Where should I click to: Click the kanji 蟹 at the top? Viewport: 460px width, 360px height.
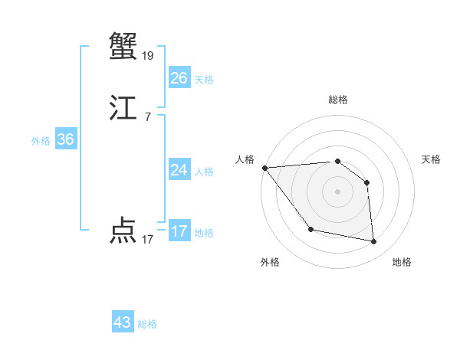tap(123, 47)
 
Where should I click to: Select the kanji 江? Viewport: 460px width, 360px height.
tap(123, 110)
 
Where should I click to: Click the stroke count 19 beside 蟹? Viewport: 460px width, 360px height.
tap(148, 55)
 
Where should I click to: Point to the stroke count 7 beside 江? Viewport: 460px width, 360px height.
tap(148, 117)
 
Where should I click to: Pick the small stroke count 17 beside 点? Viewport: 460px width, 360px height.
tap(148, 239)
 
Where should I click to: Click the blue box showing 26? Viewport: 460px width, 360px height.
tap(179, 78)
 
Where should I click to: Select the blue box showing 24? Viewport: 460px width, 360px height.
tap(179, 170)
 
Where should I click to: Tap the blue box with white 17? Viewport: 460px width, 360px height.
tap(179, 231)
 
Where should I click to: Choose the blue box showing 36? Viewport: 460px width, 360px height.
tap(65, 139)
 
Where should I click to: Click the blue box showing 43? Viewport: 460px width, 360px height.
tap(123, 322)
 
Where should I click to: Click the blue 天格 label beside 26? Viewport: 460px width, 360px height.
tap(204, 80)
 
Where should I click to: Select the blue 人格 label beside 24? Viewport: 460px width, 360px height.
tap(204, 172)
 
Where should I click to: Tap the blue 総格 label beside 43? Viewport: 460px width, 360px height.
tap(147, 324)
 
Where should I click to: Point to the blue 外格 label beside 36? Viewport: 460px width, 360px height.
tap(41, 141)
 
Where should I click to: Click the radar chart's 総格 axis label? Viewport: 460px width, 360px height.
tap(337, 100)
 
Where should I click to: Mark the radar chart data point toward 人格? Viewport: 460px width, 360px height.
tap(264, 168)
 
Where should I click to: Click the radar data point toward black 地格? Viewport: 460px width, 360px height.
tap(374, 242)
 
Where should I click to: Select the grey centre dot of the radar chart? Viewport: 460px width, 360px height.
tap(337, 191)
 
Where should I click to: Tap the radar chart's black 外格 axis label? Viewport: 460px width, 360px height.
tap(270, 263)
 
